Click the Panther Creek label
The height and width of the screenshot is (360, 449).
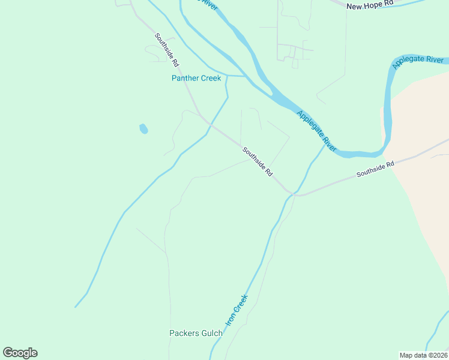coord(196,79)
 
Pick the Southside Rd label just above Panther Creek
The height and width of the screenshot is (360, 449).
coord(167,49)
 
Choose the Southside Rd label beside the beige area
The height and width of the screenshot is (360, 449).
coord(375,169)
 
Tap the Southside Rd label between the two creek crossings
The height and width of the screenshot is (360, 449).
coord(258,161)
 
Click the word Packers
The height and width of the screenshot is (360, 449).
coord(188,333)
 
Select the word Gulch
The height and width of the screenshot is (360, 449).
coord(215,333)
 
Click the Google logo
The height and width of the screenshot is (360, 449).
coord(20,353)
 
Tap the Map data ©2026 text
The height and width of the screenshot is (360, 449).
coord(423,355)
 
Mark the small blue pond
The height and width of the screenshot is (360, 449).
coord(143,128)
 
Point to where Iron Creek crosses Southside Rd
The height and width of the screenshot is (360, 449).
coord(292,193)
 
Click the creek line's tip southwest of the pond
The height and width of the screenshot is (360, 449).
coord(75,307)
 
